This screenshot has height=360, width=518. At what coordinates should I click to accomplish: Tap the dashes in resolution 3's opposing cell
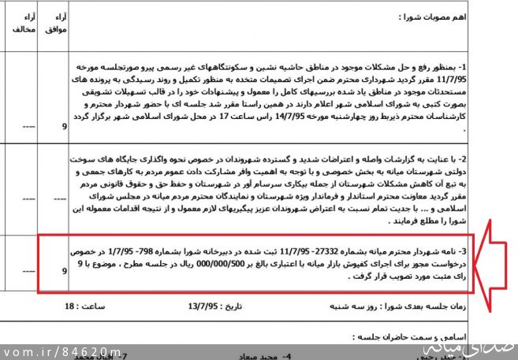[x=28, y=270]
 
